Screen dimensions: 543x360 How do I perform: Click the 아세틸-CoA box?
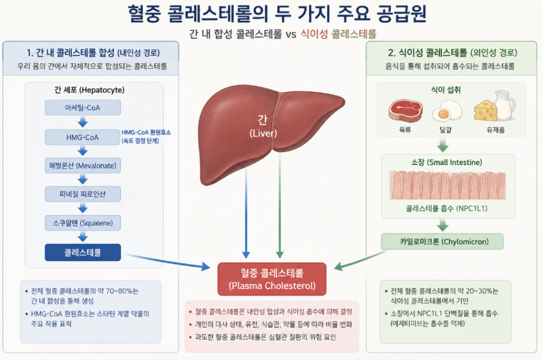pos(83,108)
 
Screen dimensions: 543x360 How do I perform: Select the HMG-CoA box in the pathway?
pos(83,137)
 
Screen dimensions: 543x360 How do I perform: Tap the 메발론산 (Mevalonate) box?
pos(83,166)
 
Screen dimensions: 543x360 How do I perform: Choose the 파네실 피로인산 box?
pos(83,194)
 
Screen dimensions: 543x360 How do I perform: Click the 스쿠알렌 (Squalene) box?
pos(83,223)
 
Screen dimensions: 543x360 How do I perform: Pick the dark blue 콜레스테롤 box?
pos(83,252)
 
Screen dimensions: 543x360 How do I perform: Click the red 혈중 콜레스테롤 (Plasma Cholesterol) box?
pos(272,279)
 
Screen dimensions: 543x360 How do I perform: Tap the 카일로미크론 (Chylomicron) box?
pos(442,241)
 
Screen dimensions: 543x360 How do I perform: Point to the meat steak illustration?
pos(405,111)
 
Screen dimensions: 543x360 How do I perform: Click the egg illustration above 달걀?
pos(447,111)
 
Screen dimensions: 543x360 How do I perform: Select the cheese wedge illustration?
pos(486,111)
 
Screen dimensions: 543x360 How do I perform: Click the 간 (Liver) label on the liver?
pos(263,126)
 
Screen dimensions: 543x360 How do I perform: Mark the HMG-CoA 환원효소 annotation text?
pos(146,136)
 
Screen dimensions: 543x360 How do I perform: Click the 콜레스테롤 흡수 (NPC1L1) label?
pos(446,208)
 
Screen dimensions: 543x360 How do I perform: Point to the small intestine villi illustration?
pos(447,185)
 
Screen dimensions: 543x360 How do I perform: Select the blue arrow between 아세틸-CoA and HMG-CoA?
pos(83,122)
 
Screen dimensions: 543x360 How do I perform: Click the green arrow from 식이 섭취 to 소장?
pos(442,145)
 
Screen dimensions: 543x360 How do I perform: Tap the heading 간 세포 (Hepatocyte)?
pos(89,90)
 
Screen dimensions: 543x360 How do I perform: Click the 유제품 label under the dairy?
pos(496,130)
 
